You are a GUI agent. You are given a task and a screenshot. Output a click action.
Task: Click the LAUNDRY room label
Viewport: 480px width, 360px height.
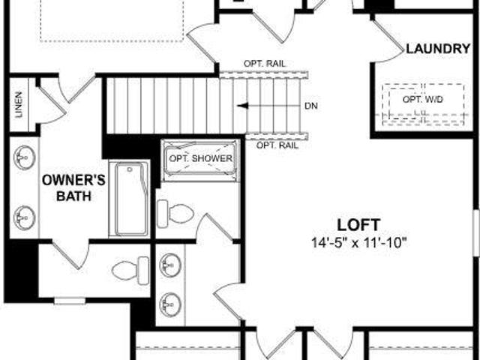point(438,49)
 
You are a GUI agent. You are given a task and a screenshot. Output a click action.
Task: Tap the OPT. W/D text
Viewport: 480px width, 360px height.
point(423,100)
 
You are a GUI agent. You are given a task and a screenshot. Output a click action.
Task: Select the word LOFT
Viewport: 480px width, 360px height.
point(358,225)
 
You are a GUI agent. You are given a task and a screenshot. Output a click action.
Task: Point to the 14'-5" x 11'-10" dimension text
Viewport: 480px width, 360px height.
point(358,243)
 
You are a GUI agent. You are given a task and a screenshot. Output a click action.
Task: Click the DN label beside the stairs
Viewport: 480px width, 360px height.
point(311,106)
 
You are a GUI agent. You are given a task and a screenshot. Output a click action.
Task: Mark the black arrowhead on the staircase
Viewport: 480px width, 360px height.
point(242,106)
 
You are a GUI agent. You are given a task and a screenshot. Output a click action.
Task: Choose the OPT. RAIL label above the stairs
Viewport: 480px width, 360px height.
point(265,64)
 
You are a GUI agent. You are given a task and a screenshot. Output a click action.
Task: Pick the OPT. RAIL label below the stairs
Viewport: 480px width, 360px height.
point(277,145)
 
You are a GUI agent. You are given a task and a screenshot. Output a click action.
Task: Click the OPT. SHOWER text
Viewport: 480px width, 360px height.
point(201,158)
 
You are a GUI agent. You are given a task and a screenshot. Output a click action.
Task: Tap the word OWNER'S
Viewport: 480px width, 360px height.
point(73,180)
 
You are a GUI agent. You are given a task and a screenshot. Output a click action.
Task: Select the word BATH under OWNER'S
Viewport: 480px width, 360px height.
point(73,196)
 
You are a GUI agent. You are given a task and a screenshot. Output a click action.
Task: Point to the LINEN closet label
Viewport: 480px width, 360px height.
point(19,105)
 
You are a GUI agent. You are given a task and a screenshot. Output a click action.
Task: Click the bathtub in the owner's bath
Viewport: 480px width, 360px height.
point(130,199)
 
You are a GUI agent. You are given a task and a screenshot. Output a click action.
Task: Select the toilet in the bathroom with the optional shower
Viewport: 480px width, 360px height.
point(175,214)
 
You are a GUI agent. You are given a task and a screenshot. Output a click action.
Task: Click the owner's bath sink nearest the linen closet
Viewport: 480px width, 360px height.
point(25,157)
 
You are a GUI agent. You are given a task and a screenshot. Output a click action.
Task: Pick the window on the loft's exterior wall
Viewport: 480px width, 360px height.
point(476,232)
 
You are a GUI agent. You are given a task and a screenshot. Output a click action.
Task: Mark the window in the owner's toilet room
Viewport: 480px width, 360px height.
point(70,301)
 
